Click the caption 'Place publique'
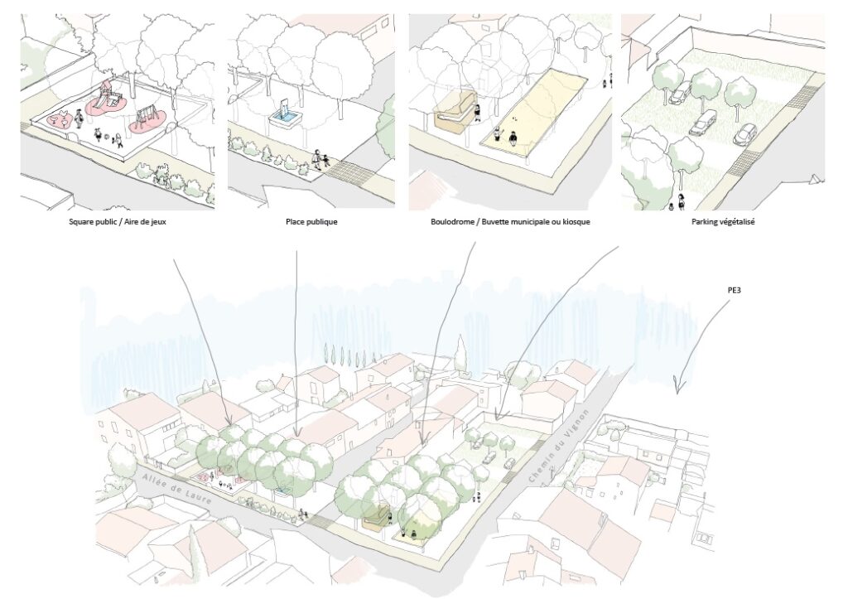point(311,221)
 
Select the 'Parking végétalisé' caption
point(722,221)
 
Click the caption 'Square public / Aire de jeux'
point(118,221)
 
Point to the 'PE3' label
point(734,291)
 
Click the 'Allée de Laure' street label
point(176,491)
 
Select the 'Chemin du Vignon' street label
point(563,446)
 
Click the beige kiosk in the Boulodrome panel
point(455,113)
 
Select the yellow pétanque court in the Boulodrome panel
point(533,112)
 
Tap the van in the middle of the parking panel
point(703,123)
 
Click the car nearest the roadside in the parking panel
point(745,134)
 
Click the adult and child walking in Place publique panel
point(320,160)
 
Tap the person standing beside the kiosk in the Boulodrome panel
point(478,114)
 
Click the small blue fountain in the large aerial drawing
point(282,490)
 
